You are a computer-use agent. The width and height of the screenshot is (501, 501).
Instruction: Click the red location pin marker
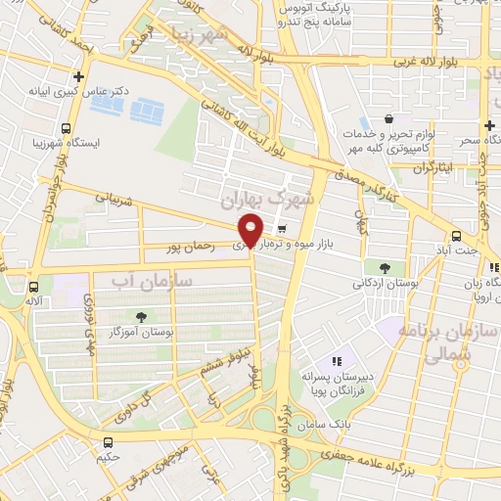click(x=250, y=229)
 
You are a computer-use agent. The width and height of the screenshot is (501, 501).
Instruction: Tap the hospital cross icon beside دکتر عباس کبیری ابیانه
click(x=79, y=76)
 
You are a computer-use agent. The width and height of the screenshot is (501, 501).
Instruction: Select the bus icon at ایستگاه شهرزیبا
click(x=67, y=128)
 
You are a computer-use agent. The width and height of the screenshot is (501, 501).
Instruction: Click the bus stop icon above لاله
click(x=34, y=287)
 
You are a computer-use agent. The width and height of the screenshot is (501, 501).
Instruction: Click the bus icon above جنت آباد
click(x=456, y=236)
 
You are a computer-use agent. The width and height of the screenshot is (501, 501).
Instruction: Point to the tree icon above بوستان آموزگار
click(x=142, y=316)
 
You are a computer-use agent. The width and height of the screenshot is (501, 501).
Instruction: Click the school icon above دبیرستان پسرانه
click(x=337, y=362)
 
